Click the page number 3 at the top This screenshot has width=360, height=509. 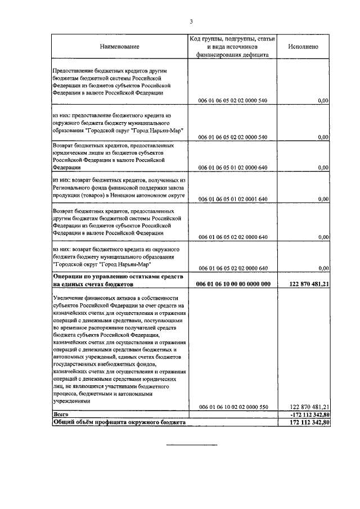pos(191,22)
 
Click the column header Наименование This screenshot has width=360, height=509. pos(119,46)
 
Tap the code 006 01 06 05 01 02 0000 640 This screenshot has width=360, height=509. pos(233,168)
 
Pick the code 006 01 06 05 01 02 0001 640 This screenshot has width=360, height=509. pos(233,199)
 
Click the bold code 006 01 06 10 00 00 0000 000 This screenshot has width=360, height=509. pos(233,285)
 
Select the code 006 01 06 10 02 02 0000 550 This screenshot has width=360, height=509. pos(233,406)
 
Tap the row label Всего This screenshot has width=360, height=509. pos(60,415)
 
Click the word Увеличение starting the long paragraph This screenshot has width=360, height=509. pos(70,298)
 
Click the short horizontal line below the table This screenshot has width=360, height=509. pos(191,445)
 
